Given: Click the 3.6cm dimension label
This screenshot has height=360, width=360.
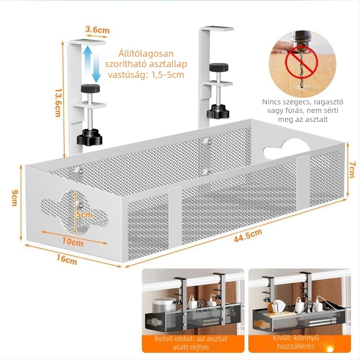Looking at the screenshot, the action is click(97, 30).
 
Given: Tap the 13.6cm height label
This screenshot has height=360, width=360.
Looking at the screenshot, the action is click(58, 103).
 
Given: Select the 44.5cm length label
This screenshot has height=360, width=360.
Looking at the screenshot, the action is click(248, 235).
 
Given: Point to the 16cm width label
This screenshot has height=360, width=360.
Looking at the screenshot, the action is click(67, 260).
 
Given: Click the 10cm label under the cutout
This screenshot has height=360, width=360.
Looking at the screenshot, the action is click(73, 242).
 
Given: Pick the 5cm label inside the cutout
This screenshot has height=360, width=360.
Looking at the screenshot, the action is click(85, 215).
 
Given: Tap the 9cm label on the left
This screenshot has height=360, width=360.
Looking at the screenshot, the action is click(15, 198).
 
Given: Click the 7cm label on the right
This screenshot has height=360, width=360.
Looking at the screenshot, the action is click(353, 169).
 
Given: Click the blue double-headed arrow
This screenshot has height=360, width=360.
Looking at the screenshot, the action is click(92, 64).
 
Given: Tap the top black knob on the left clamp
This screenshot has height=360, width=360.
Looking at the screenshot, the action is click(90, 88).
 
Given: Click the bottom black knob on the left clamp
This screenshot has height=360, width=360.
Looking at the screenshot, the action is click(90, 137).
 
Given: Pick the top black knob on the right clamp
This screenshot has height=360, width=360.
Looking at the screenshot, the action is click(219, 67).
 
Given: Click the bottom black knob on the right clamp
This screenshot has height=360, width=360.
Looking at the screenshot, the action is click(218, 112).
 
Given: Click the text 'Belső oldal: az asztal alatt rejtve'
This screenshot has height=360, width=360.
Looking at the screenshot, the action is click(190, 342).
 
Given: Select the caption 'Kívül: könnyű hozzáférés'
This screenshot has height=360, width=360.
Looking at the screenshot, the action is click(296, 342).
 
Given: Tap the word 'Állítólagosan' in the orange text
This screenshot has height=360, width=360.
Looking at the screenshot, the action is click(146, 54).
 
